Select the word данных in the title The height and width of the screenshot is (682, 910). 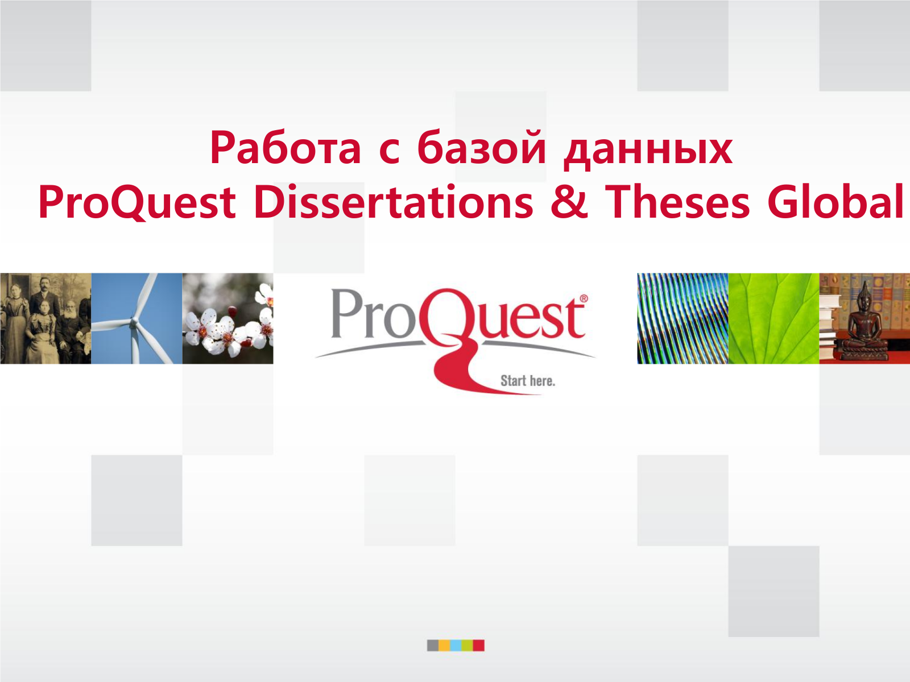click(x=648, y=151)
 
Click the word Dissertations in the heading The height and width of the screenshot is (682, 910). click(x=394, y=202)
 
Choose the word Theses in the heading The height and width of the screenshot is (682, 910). click(x=677, y=202)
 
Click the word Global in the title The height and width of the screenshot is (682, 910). click(x=835, y=201)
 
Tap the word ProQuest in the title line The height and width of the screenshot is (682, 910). click(x=137, y=202)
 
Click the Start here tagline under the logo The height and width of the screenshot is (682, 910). click(x=527, y=381)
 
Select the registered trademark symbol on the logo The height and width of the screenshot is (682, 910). click(x=584, y=298)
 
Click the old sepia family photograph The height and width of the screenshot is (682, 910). click(x=45, y=318)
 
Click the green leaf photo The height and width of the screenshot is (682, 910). click(x=773, y=318)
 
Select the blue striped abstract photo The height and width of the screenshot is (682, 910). click(x=683, y=318)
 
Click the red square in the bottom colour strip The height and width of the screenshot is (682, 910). click(x=478, y=645)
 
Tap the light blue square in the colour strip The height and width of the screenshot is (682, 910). click(x=456, y=645)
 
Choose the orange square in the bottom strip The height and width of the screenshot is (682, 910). click(x=444, y=645)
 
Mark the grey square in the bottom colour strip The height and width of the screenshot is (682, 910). click(x=433, y=645)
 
